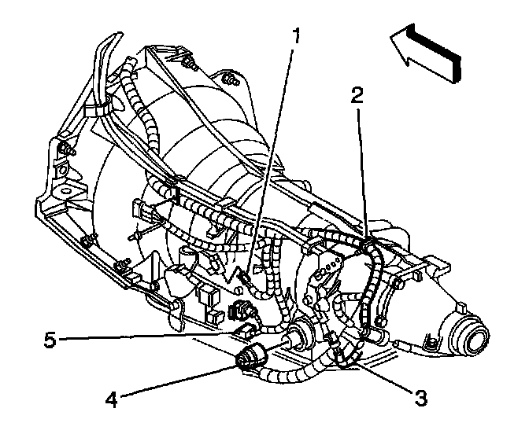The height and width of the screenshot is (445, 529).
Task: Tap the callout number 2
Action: pyautogui.click(x=357, y=96)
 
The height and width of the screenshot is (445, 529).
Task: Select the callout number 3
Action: pyautogui.click(x=421, y=398)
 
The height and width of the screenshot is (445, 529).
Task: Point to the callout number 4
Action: pyautogui.click(x=113, y=400)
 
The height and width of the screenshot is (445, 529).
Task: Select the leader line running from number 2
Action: pyautogui.click(x=361, y=165)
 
